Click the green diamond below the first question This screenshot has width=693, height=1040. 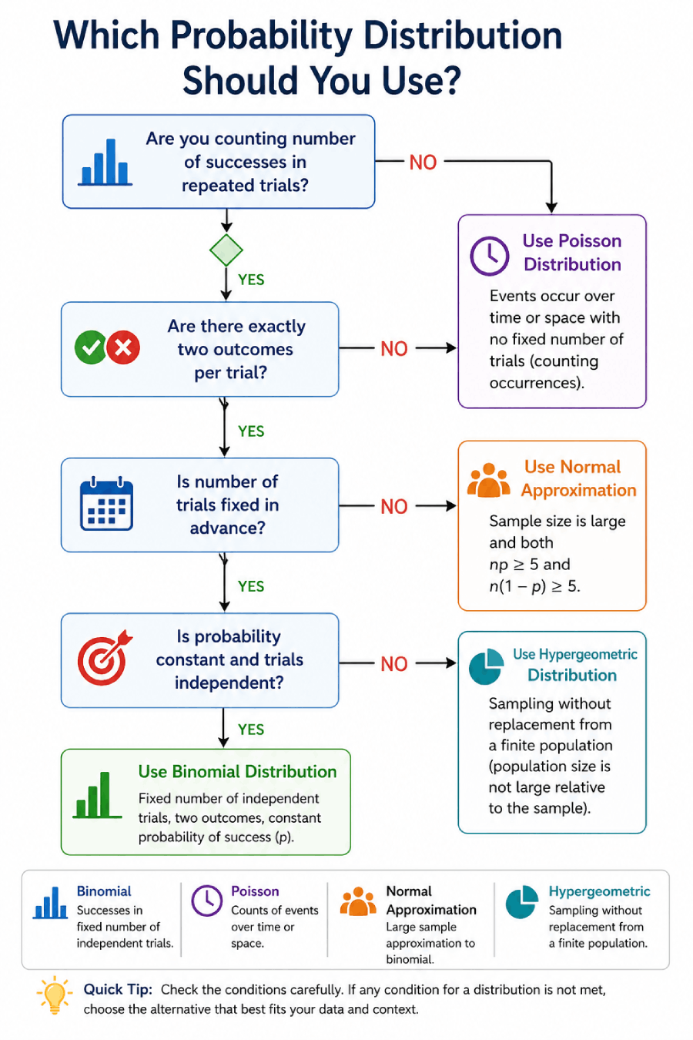[x=226, y=250]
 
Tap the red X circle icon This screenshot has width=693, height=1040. [x=123, y=348]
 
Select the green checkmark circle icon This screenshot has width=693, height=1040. [x=90, y=348]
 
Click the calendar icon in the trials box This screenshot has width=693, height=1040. [x=106, y=505]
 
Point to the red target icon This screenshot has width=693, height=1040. [x=104, y=659]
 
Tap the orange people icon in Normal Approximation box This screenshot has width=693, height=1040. [x=488, y=481]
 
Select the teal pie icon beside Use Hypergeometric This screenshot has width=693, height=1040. [x=486, y=666]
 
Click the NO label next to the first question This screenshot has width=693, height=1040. [x=423, y=163]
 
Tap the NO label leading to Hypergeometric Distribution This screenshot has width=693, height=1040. [x=394, y=664]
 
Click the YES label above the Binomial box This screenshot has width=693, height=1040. [x=251, y=730]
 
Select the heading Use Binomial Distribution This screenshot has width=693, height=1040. [x=237, y=772]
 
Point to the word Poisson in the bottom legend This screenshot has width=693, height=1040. [x=255, y=891]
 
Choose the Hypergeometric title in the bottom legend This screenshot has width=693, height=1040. [x=599, y=891]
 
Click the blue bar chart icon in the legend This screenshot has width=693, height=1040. [x=51, y=903]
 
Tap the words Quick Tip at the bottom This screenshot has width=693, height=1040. [x=118, y=990]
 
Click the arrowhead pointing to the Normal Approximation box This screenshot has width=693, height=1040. [x=450, y=506]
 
